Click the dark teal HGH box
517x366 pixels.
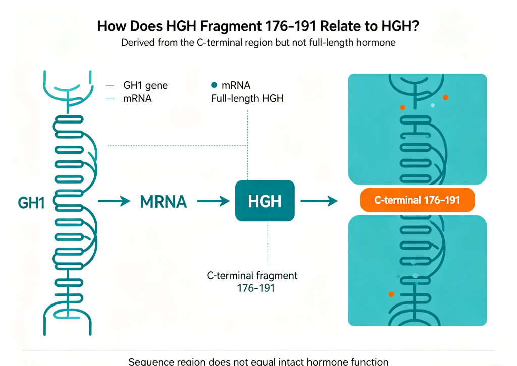[265, 201]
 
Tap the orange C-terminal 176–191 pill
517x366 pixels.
[418, 200]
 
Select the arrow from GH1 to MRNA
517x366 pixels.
[114, 201]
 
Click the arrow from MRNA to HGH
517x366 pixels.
[214, 201]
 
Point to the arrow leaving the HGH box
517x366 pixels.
[319, 201]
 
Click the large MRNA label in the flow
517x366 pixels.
[164, 202]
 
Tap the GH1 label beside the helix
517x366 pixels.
[31, 203]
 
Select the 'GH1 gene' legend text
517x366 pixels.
[145, 85]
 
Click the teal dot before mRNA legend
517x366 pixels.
[214, 85]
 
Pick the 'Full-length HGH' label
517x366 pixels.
[247, 98]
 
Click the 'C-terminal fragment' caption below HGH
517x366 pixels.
[252, 275]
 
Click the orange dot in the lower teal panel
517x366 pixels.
[391, 294]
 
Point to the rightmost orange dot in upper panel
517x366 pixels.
[445, 97]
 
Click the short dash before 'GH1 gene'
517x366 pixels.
[110, 85]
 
